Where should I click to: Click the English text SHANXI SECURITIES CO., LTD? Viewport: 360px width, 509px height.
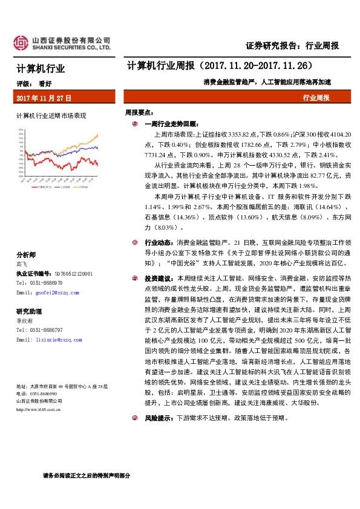point(71,47)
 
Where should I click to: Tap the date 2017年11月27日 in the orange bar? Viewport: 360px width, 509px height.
point(44,97)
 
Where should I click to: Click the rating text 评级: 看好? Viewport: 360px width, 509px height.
point(37,84)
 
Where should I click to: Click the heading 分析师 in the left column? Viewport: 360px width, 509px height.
point(26,254)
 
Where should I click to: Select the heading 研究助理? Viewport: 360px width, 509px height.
point(29,311)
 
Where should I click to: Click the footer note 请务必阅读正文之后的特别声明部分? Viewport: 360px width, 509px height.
point(87,475)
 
